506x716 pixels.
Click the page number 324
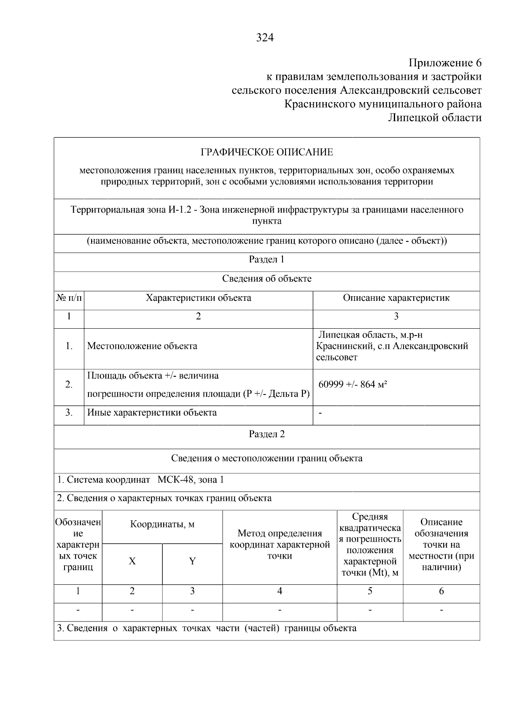(265, 38)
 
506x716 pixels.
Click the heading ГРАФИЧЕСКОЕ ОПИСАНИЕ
(266, 152)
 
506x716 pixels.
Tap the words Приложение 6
(445, 63)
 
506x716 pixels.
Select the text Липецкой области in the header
(434, 118)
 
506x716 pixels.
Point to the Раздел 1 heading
(266, 259)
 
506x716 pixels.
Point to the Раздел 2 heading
(266, 434)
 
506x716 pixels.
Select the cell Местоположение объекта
(142, 346)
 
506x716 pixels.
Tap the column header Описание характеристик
(396, 298)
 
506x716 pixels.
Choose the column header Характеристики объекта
(198, 298)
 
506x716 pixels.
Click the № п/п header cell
(69, 298)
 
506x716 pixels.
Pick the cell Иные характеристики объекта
(152, 413)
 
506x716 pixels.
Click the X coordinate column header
(132, 562)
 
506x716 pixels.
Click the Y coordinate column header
(192, 562)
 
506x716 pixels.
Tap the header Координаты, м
(162, 525)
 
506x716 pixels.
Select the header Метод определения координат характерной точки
(280, 545)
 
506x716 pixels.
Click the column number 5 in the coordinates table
(370, 591)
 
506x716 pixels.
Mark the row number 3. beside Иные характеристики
(69, 413)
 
